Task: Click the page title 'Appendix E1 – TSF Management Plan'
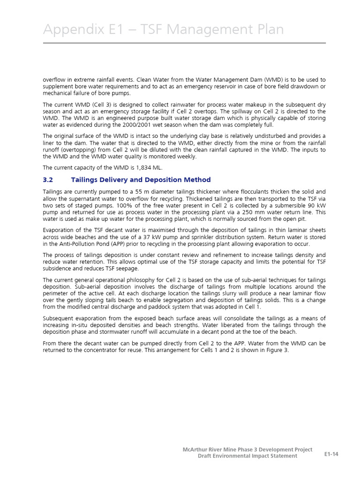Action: point(163,30)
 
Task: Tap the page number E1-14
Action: point(331,454)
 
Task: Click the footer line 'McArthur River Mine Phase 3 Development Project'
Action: point(247,450)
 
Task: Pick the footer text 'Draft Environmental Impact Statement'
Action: point(247,456)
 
